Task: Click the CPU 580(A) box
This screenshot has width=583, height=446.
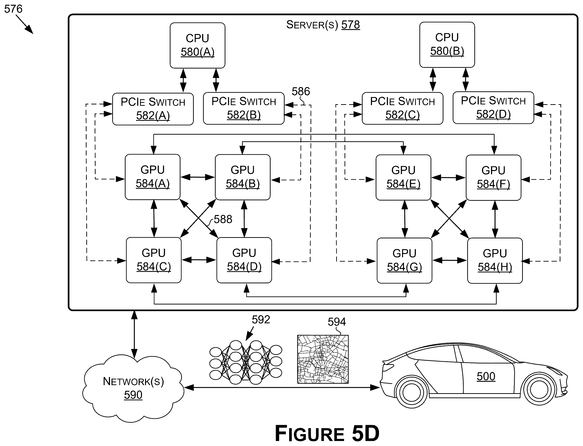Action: click(x=197, y=45)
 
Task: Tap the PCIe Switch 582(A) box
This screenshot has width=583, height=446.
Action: click(x=153, y=109)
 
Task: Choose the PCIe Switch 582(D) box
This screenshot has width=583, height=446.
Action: click(x=493, y=108)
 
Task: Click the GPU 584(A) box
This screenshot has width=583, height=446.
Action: click(x=153, y=177)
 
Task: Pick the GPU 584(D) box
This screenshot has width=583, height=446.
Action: click(x=244, y=260)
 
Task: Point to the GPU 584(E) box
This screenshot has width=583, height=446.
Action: click(x=403, y=177)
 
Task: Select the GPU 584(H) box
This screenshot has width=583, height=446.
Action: click(x=495, y=261)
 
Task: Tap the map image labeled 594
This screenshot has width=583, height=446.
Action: click(x=323, y=359)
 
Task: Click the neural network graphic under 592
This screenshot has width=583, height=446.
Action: click(x=246, y=362)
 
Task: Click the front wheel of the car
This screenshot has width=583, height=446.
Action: click(x=539, y=389)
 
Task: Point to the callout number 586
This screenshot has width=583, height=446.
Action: click(x=301, y=92)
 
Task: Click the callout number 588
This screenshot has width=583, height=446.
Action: click(x=223, y=219)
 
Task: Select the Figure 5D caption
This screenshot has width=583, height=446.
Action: click(x=327, y=433)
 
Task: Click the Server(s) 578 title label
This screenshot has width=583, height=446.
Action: click(x=323, y=25)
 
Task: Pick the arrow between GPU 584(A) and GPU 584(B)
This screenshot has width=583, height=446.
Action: click(x=198, y=177)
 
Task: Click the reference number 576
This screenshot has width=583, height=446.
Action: click(x=13, y=9)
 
